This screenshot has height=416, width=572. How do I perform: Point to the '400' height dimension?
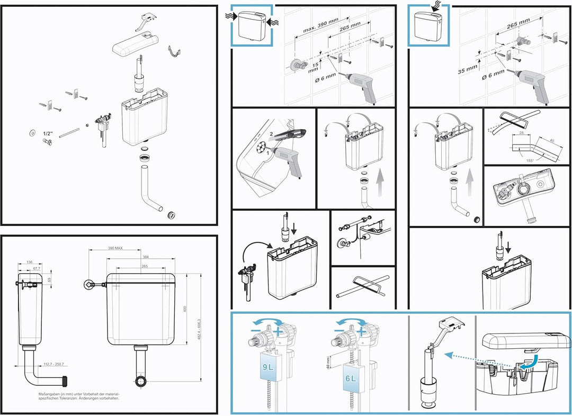pyautogui.click(x=185, y=309)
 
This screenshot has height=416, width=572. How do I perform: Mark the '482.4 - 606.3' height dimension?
pyautogui.click(x=200, y=328)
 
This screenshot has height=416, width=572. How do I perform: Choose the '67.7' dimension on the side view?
pyautogui.click(x=36, y=268)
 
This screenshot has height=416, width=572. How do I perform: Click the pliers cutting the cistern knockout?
pyautogui.click(x=289, y=136)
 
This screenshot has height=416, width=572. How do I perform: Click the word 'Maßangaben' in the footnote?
pyautogui.click(x=51, y=394)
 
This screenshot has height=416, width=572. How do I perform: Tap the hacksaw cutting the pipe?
pyautogui.click(x=365, y=283)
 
